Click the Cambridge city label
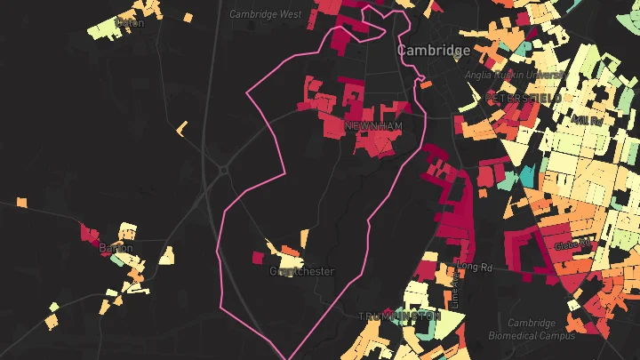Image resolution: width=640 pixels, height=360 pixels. (x=434, y=51)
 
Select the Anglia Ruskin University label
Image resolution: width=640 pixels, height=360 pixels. (x=504, y=76)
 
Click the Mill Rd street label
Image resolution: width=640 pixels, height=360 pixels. (x=589, y=118)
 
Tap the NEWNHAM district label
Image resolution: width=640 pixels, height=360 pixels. (x=373, y=127)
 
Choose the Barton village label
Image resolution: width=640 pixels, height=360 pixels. (x=116, y=248)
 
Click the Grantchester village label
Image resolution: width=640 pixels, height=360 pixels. (x=302, y=271)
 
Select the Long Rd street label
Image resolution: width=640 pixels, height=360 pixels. (x=476, y=266)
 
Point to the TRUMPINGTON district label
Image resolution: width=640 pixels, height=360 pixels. (x=400, y=316)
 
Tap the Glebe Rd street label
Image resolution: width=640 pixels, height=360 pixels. (x=572, y=244)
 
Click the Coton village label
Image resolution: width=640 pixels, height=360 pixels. (x=131, y=23)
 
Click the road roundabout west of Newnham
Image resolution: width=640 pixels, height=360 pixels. (x=225, y=169)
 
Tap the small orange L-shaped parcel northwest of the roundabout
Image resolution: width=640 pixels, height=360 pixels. (x=182, y=129)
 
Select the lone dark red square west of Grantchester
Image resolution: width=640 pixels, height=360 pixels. (x=258, y=258)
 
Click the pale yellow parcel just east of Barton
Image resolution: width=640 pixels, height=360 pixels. (x=166, y=255)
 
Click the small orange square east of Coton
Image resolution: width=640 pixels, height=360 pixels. (x=188, y=16)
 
